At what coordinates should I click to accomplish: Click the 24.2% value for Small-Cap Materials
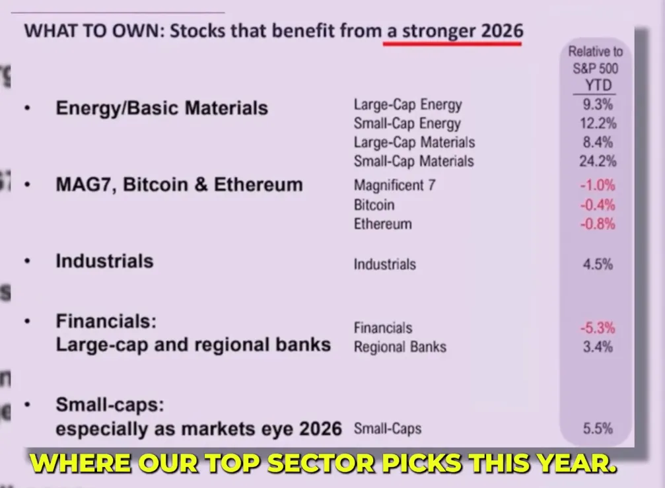tap(598, 161)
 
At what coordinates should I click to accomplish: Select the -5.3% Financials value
tap(598, 328)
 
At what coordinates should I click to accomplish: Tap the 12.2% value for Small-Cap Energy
tap(598, 123)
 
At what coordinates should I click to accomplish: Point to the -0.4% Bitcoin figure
tap(598, 205)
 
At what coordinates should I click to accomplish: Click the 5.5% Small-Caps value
tap(598, 429)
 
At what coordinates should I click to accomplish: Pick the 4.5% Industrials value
tap(598, 265)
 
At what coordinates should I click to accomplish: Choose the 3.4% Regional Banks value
tap(598, 347)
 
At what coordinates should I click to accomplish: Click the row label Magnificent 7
tap(394, 186)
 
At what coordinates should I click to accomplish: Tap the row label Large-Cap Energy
tap(408, 105)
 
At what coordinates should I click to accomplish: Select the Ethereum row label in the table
tap(383, 224)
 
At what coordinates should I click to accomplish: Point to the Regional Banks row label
tap(400, 347)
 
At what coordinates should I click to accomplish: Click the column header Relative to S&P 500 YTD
tap(596, 69)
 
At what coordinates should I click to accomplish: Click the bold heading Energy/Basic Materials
tap(162, 108)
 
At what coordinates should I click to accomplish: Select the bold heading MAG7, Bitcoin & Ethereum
tap(180, 184)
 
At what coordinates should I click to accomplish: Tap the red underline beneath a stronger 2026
tap(452, 43)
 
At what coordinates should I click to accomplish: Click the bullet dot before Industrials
tap(28, 261)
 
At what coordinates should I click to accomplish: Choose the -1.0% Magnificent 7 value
tap(598, 186)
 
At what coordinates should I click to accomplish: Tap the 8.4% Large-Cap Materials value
tap(598, 142)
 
